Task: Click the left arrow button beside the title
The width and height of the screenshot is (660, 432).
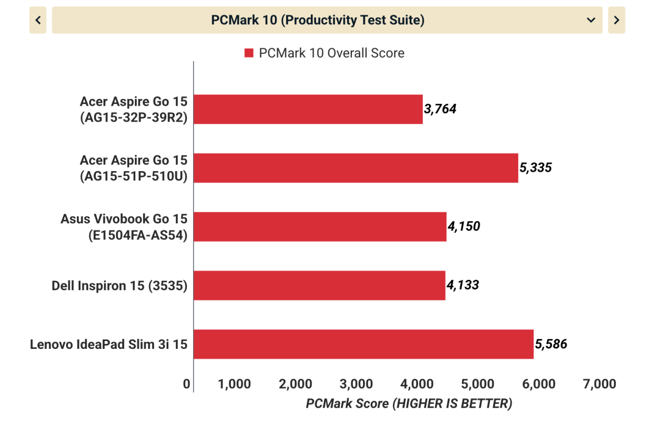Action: point(38,20)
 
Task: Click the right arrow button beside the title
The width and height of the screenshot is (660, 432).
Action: point(617,20)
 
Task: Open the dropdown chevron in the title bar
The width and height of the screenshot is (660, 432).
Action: point(591,20)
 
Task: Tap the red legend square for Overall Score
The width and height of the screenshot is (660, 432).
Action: point(249,53)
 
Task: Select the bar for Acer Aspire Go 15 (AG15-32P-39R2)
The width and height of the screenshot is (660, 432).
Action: point(308,109)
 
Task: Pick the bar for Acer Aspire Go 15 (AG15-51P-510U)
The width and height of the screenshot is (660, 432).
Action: point(356,168)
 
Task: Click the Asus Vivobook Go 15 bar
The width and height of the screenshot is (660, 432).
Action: point(320,226)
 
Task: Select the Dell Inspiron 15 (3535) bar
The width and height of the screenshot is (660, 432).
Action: point(320,285)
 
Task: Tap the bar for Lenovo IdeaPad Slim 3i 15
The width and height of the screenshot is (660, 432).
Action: point(364,344)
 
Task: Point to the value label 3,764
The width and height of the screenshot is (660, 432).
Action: point(440,109)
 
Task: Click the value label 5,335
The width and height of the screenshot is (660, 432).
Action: point(535,168)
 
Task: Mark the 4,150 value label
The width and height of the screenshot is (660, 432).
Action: point(464,226)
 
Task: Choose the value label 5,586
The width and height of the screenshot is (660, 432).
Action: point(551,344)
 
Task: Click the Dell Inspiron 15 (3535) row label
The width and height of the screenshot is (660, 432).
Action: point(119,286)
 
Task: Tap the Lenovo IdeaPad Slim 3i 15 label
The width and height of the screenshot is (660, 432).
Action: point(108,344)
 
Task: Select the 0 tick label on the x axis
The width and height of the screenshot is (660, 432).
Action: point(187,384)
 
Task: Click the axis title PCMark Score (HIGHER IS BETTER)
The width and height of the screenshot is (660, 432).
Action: point(409,403)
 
